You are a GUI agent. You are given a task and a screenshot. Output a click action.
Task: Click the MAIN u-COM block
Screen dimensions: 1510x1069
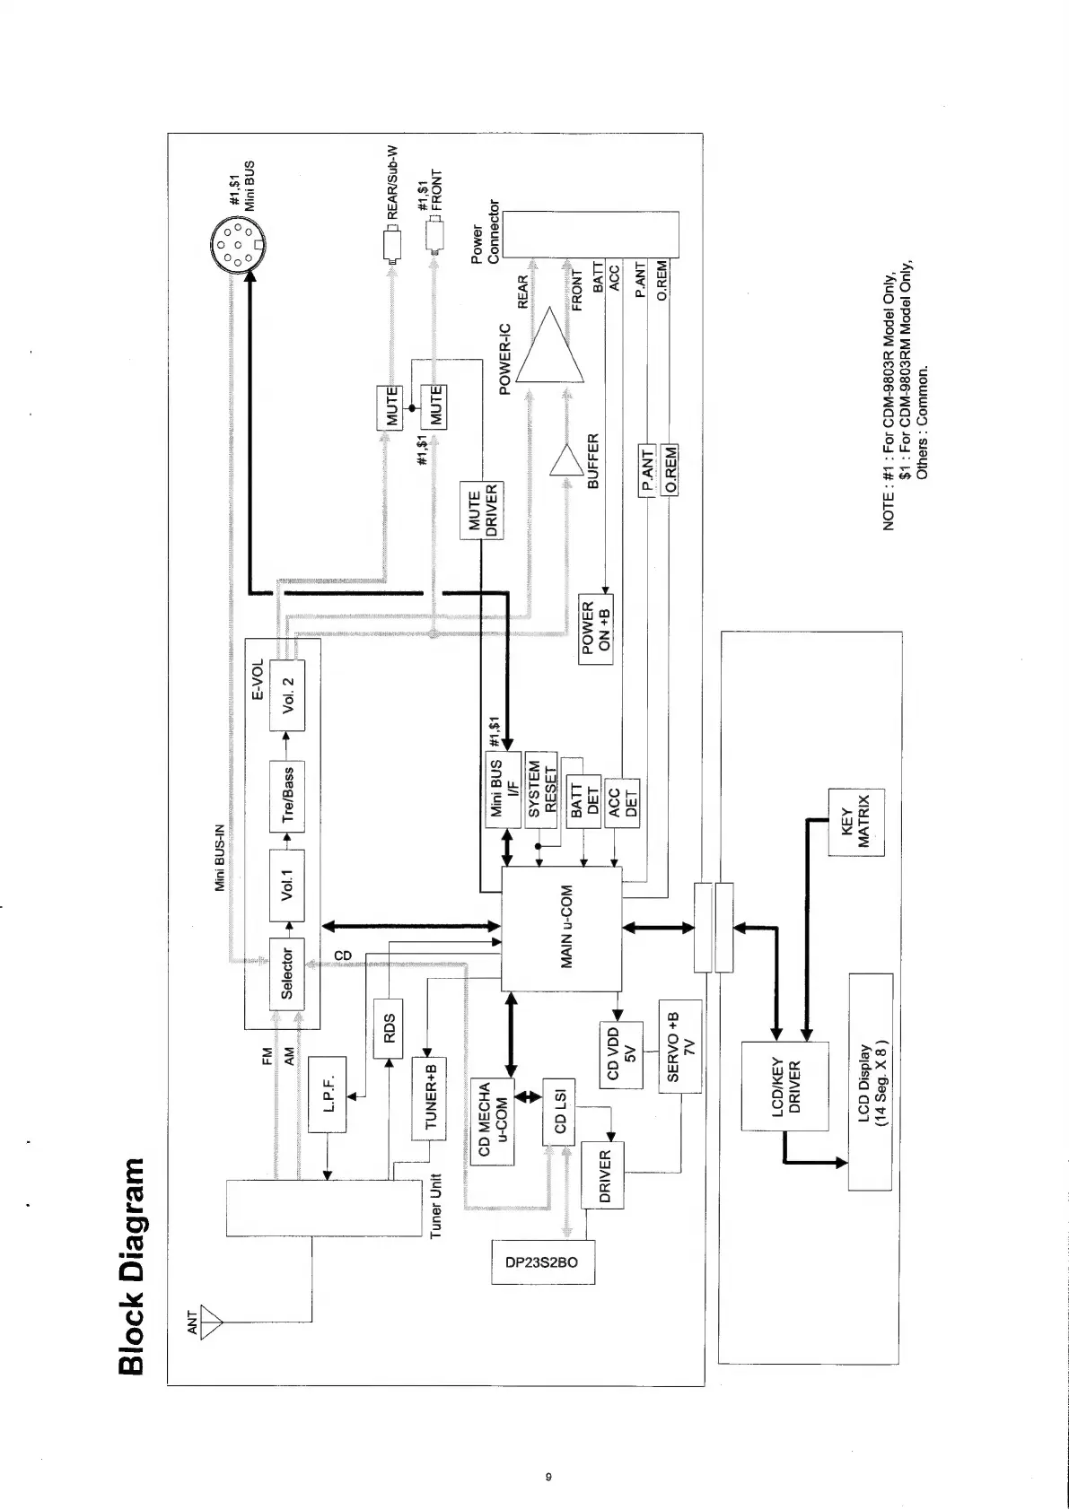pos(561,929)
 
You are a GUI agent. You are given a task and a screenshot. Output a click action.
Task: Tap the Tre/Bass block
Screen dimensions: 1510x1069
pos(287,794)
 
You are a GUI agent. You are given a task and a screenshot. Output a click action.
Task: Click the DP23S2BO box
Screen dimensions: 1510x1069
pos(543,1263)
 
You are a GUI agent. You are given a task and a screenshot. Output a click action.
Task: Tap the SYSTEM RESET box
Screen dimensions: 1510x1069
pos(541,786)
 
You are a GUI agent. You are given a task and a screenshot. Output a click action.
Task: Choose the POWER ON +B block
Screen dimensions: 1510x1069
pos(596,628)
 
